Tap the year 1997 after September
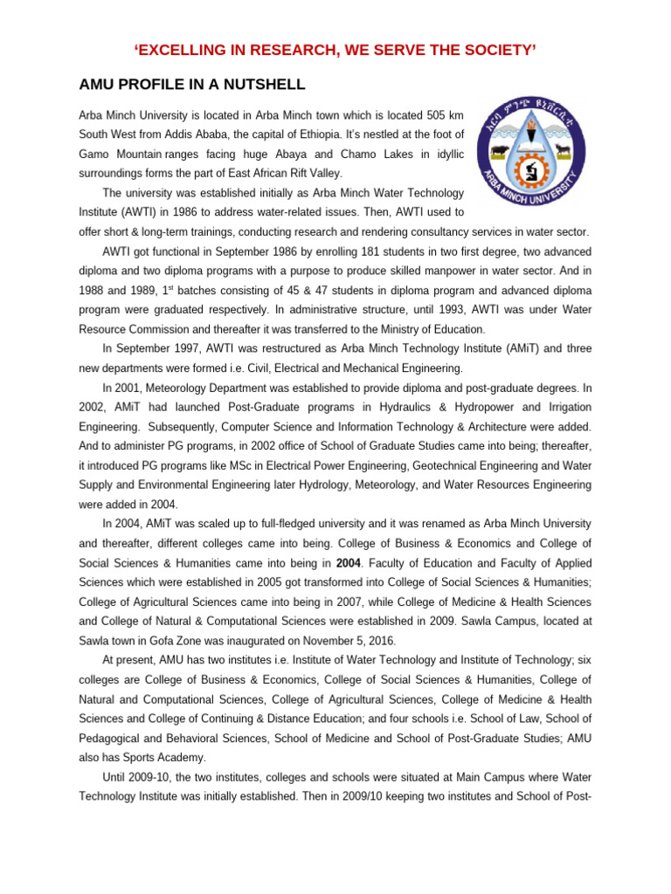[186, 348]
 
